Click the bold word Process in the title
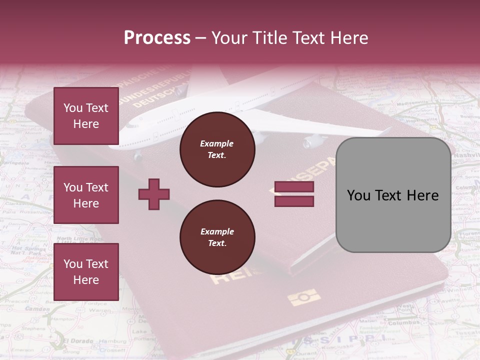(x=157, y=38)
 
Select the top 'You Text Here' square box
(x=86, y=116)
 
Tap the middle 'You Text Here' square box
(x=86, y=195)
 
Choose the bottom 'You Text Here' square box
(x=86, y=271)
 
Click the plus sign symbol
(x=154, y=194)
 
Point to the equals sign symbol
(x=294, y=194)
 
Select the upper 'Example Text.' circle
(x=217, y=149)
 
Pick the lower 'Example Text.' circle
(x=217, y=237)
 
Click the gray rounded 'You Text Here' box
(x=393, y=195)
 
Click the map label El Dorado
(x=78, y=341)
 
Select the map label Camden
(x=37, y=309)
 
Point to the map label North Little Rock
(x=80, y=239)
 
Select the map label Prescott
(x=16, y=301)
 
